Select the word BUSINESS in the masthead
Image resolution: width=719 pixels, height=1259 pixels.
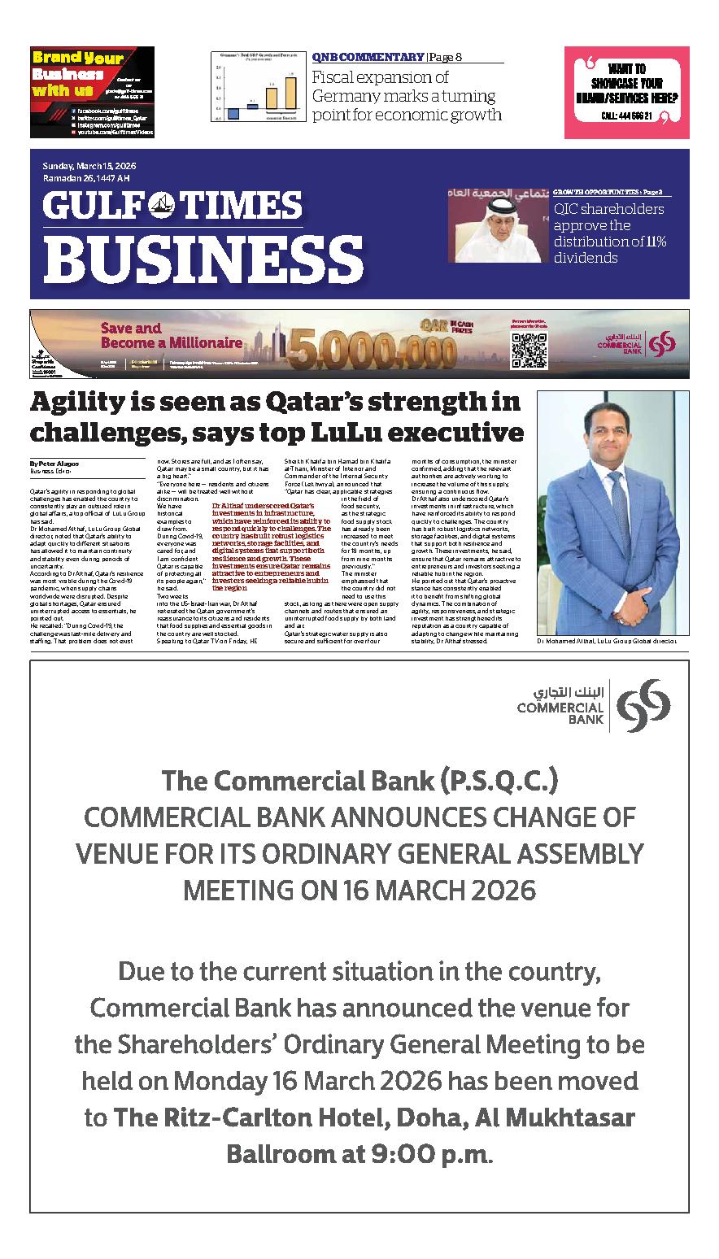click(x=203, y=255)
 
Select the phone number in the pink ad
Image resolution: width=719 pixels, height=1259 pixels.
click(x=625, y=116)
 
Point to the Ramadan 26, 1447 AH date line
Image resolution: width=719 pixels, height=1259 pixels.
click(x=86, y=179)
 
